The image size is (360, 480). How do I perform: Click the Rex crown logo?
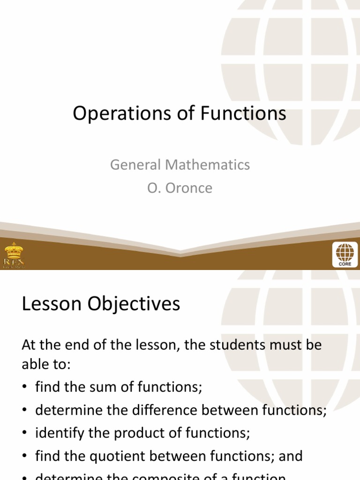coord(14,255)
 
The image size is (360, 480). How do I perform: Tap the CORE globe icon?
coord(345,255)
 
